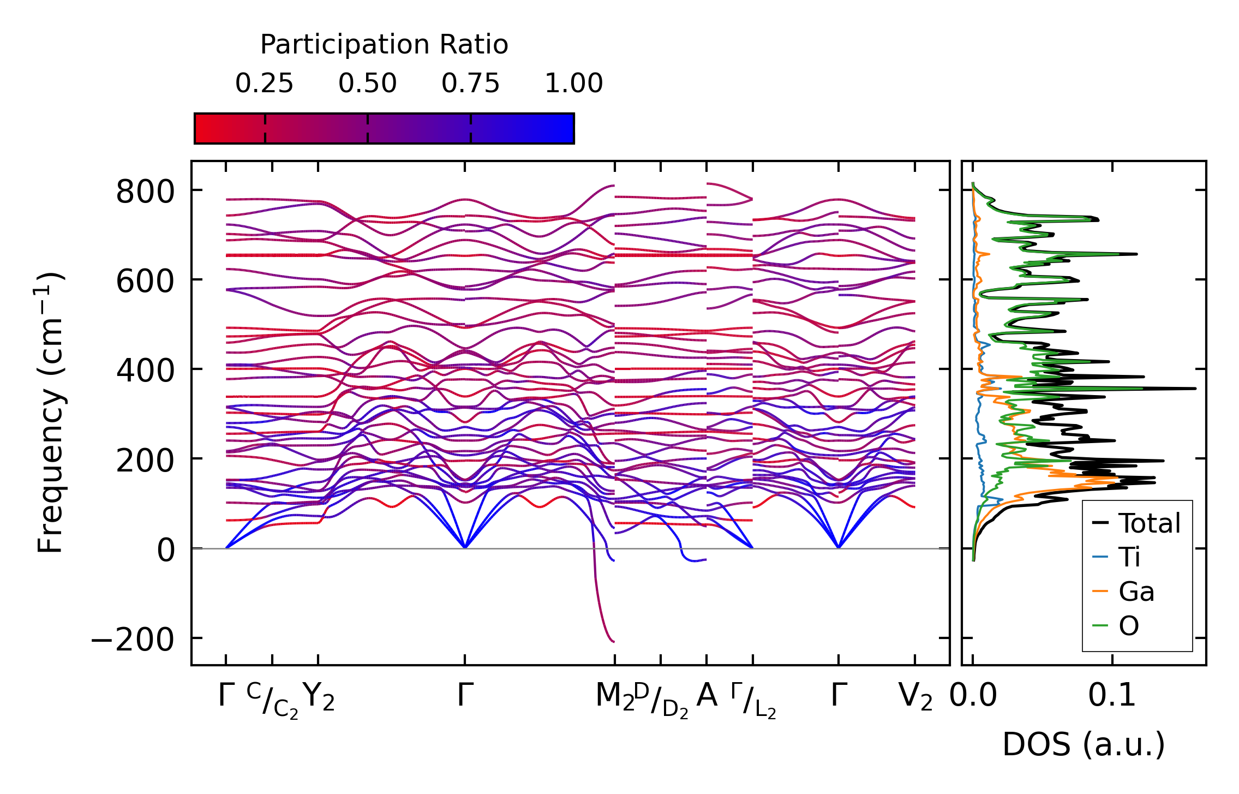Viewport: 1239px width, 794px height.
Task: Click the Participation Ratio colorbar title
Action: [x=384, y=45]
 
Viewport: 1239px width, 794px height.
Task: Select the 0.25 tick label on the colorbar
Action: [x=264, y=83]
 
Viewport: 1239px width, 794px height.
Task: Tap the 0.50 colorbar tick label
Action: [x=367, y=83]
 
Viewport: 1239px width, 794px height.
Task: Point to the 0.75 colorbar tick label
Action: [x=470, y=83]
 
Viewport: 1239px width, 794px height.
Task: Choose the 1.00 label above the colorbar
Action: [x=573, y=83]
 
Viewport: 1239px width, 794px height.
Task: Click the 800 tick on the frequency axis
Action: [x=145, y=192]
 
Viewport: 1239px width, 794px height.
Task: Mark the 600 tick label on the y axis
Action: [x=145, y=282]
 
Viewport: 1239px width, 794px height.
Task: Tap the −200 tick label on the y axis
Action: [x=133, y=640]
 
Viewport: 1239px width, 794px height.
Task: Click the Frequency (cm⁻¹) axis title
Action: [x=50, y=413]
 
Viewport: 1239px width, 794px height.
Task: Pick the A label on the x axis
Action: [x=707, y=696]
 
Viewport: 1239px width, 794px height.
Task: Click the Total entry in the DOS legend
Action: [x=1149, y=523]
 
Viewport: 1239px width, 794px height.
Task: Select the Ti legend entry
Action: [x=1129, y=557]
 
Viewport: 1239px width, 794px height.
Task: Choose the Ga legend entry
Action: [x=1136, y=592]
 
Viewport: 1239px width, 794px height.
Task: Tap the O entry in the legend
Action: [x=1128, y=626]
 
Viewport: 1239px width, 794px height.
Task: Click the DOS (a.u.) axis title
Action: [x=1084, y=744]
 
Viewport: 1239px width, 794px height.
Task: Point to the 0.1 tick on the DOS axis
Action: [x=1112, y=696]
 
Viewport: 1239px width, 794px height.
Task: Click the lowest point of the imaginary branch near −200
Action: [x=614, y=641]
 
